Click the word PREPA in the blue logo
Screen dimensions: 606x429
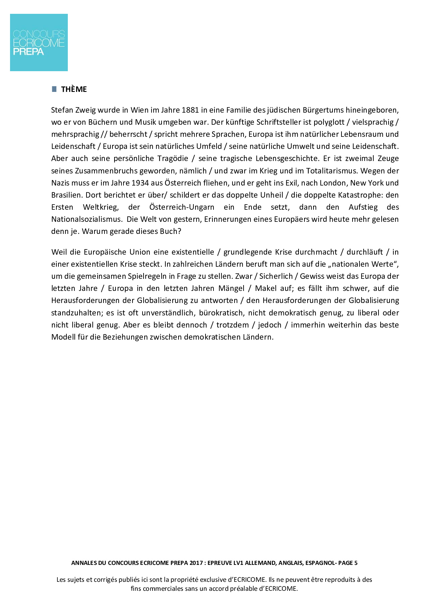pyautogui.click(x=28, y=51)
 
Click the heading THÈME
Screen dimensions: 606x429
pyautogui.click(x=74, y=89)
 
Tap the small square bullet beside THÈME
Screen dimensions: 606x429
pyautogui.click(x=54, y=89)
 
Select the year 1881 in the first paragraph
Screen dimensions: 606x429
pyautogui.click(x=190, y=110)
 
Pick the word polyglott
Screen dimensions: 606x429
pyautogui.click(x=329, y=122)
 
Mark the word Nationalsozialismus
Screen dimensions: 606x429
pyautogui.click(x=86, y=219)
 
